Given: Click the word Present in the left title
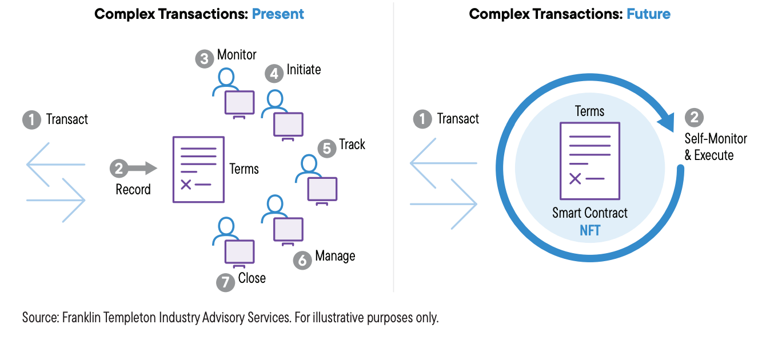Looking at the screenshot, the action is (x=278, y=14).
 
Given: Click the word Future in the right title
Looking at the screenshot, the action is (x=648, y=14).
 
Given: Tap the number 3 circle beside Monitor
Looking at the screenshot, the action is (x=204, y=59).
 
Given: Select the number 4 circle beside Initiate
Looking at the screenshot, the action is (x=274, y=74).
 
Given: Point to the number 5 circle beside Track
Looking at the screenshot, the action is (x=327, y=148).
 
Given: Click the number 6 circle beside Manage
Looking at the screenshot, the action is (x=302, y=260).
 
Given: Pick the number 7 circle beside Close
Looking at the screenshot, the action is (x=226, y=282).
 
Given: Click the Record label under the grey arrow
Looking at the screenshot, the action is (x=133, y=189).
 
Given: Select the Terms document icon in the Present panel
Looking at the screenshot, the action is (x=198, y=170).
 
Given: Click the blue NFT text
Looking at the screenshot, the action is (x=590, y=231).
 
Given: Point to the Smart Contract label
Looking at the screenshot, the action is (x=589, y=213).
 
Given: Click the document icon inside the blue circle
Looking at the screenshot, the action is (x=590, y=161).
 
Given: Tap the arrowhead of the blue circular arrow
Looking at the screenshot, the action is (x=666, y=122).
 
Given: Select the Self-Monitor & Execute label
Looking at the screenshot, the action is (x=715, y=147).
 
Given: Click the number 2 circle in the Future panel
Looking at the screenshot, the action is (x=694, y=118).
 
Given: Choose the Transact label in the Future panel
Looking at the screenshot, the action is (x=458, y=119).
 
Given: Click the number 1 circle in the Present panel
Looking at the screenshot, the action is (x=32, y=119).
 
